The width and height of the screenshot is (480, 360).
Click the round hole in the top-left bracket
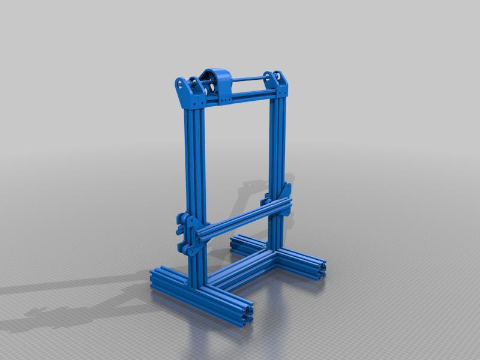181,84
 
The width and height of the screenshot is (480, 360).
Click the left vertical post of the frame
195,180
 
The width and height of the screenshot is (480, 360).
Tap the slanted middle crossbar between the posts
240,220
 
